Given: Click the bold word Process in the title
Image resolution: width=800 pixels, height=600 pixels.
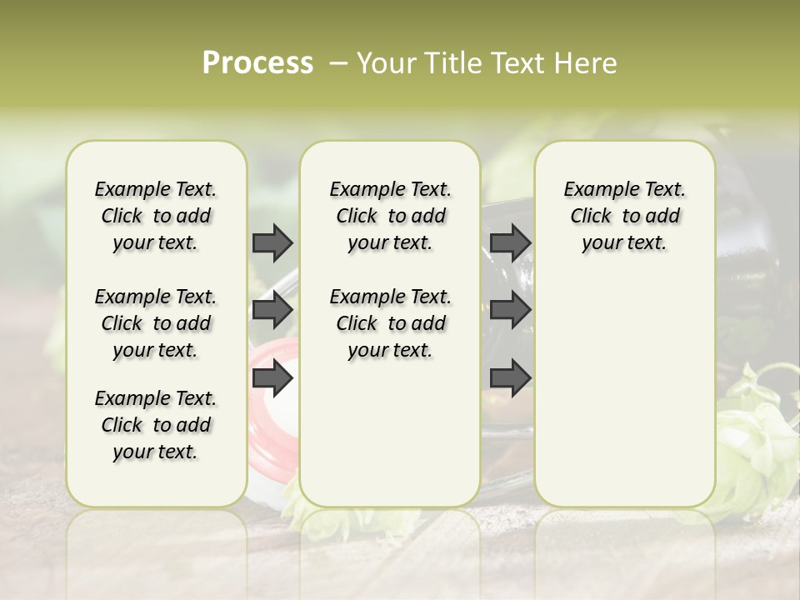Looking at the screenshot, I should click(x=257, y=62).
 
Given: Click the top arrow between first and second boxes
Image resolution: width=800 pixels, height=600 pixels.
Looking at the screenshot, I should click(x=272, y=242).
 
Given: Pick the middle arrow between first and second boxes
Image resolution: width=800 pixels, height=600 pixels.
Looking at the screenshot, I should click(x=272, y=310).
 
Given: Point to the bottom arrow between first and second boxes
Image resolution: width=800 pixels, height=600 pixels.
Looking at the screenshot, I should click(x=272, y=378).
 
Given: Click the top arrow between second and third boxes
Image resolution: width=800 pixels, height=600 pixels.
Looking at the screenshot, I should click(x=510, y=242).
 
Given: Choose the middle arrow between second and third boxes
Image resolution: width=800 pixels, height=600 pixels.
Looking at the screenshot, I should click(x=510, y=310).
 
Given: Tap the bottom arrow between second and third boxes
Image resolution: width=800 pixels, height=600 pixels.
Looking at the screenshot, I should click(x=510, y=378).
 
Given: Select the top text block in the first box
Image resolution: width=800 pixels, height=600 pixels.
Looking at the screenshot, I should click(x=156, y=216).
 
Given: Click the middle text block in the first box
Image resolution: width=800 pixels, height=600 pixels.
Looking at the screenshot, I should click(x=156, y=323).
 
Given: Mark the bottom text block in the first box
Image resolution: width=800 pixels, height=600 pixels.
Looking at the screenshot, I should click(x=156, y=425).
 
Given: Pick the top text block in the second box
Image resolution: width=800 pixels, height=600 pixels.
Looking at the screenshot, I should click(x=391, y=216).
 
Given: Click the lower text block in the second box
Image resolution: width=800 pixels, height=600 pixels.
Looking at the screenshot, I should click(x=391, y=323).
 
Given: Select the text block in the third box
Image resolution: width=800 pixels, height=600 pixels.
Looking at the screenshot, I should click(x=625, y=216).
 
